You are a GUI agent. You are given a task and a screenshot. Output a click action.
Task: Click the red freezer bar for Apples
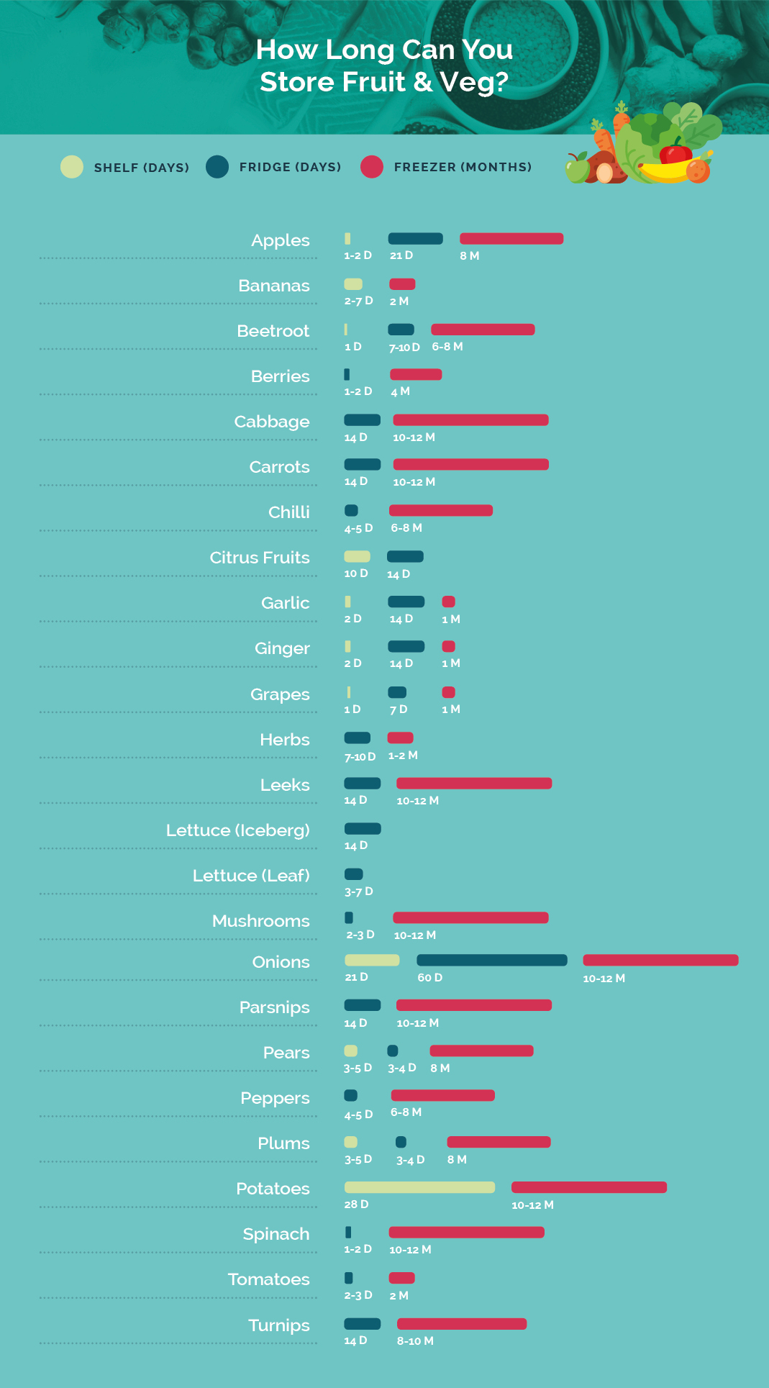pyautogui.click(x=511, y=239)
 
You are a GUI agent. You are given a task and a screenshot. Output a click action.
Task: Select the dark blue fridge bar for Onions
pyautogui.click(x=491, y=960)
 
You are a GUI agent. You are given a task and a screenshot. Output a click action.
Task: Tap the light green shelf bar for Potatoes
pyautogui.click(x=419, y=1187)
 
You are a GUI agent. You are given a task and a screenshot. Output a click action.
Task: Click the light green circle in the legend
pyautogui.click(x=72, y=167)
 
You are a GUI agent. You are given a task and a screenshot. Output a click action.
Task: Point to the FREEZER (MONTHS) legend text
pyautogui.click(x=463, y=167)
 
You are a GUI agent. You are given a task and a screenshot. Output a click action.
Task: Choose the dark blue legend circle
pyautogui.click(x=217, y=167)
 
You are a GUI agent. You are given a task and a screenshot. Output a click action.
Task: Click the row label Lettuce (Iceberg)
pyautogui.click(x=238, y=830)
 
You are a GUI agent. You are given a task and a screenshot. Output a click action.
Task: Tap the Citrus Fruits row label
pyautogui.click(x=260, y=558)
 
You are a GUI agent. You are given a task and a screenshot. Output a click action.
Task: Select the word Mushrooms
pyautogui.click(x=261, y=921)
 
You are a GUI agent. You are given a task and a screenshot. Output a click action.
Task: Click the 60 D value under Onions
pyautogui.click(x=430, y=978)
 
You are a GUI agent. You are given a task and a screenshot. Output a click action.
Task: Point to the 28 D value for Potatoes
pyautogui.click(x=356, y=1205)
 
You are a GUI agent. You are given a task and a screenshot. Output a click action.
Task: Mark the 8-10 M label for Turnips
pyautogui.click(x=415, y=1341)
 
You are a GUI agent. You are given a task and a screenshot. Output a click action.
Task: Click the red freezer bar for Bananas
pyautogui.click(x=402, y=284)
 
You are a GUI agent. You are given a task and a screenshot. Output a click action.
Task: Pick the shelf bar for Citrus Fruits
pyautogui.click(x=357, y=556)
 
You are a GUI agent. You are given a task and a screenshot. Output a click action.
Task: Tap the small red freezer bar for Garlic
pyautogui.click(x=449, y=602)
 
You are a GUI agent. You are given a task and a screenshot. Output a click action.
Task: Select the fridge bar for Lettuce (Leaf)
pyautogui.click(x=354, y=874)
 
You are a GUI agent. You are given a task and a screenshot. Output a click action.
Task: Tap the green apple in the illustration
pyautogui.click(x=577, y=171)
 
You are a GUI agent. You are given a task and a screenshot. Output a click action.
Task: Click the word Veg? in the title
pyautogui.click(x=473, y=82)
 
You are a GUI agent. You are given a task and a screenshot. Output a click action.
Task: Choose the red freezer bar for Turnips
pyautogui.click(x=462, y=1324)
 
